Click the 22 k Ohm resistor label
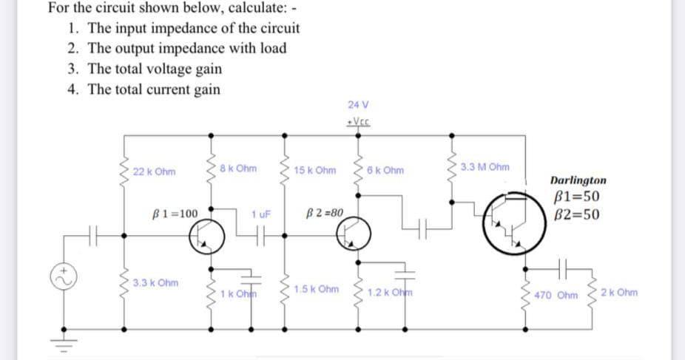(x=155, y=172)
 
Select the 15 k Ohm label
(x=314, y=171)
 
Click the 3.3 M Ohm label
(x=485, y=167)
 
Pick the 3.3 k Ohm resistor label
(x=156, y=283)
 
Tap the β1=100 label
(x=175, y=214)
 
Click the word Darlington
(x=579, y=180)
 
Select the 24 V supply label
(x=357, y=105)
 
